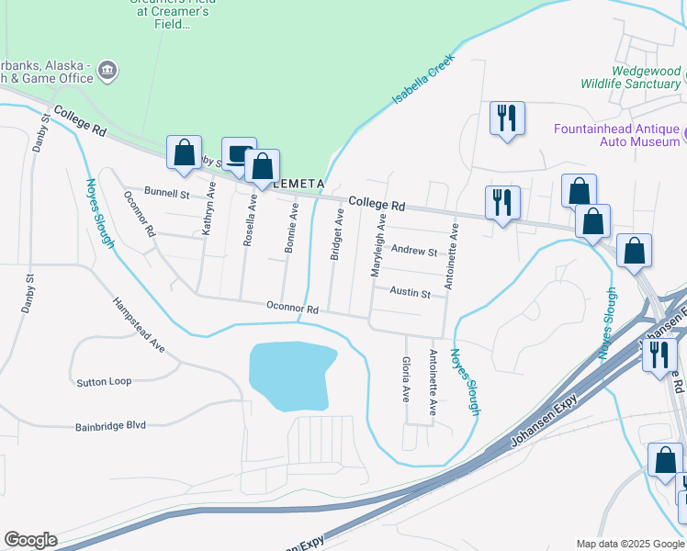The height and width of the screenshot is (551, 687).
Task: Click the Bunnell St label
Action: [166, 195]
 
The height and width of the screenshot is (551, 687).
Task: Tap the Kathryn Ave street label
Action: [208, 208]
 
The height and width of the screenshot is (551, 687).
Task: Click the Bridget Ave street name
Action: [338, 233]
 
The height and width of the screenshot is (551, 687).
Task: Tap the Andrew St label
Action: [414, 250]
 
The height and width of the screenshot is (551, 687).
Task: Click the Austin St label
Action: [410, 294]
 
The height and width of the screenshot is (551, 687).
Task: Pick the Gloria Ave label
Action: [405, 380]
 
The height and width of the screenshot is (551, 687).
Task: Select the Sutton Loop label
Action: [104, 381]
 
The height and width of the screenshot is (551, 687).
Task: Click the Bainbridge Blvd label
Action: [111, 426]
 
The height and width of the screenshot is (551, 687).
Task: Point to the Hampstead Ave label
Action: [139, 325]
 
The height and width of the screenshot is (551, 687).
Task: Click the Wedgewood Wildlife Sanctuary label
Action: [634, 77]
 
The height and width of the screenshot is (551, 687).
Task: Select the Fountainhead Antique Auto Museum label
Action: [615, 136]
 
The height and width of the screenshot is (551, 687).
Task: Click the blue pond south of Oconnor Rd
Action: [290, 376]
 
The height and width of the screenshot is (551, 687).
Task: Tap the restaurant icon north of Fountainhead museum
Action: [507, 118]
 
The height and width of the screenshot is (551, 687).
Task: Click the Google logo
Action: [30, 540]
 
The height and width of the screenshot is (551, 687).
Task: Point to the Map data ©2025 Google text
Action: [629, 544]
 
